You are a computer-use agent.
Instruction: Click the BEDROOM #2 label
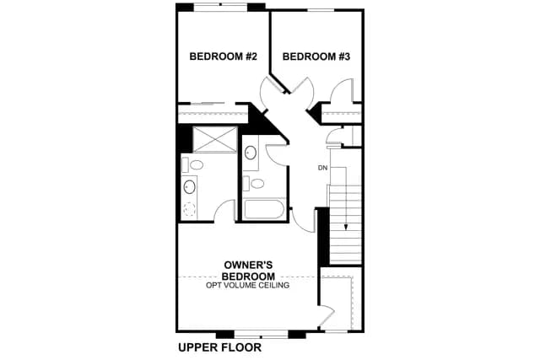click(223, 56)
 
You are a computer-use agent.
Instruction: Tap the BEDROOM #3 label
click(316, 56)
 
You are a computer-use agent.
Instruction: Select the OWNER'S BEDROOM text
click(248, 271)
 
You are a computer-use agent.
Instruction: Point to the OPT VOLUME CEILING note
click(247, 285)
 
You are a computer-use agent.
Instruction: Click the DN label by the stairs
click(322, 168)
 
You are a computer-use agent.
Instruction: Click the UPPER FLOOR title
click(219, 347)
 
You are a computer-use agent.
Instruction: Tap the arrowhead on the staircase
click(345, 227)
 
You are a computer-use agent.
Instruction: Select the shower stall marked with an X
click(215, 139)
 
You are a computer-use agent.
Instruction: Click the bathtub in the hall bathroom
click(263, 209)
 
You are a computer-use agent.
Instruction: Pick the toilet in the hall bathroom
click(253, 184)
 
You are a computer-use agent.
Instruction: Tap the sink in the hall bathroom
click(251, 153)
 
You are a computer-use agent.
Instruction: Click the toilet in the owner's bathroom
click(192, 165)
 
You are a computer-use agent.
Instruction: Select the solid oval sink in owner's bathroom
click(189, 187)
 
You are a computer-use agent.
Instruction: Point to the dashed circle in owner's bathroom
click(189, 209)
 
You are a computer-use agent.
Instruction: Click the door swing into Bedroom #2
click(272, 92)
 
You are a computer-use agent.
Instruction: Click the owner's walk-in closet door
click(327, 315)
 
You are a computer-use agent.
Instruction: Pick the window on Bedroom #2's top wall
click(221, 7)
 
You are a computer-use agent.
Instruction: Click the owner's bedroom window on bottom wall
click(261, 334)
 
